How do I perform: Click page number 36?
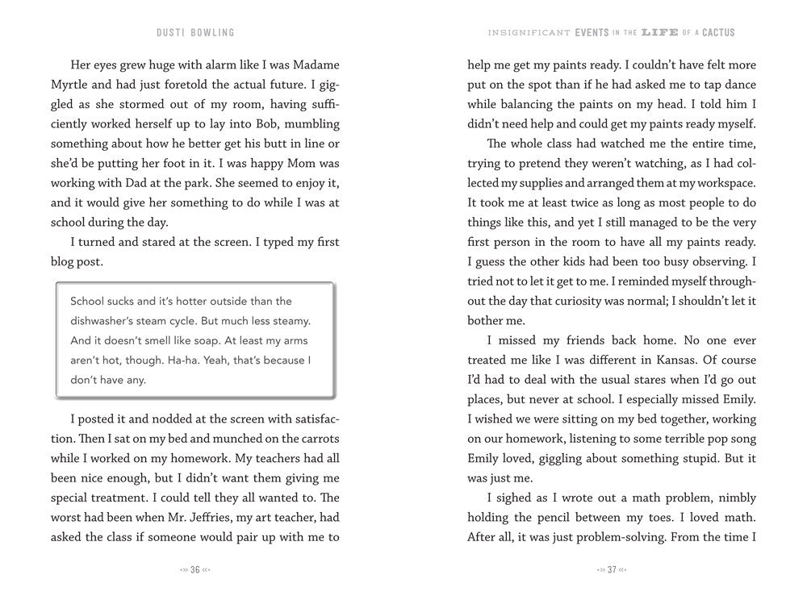tap(194, 569)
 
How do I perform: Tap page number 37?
tap(612, 569)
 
